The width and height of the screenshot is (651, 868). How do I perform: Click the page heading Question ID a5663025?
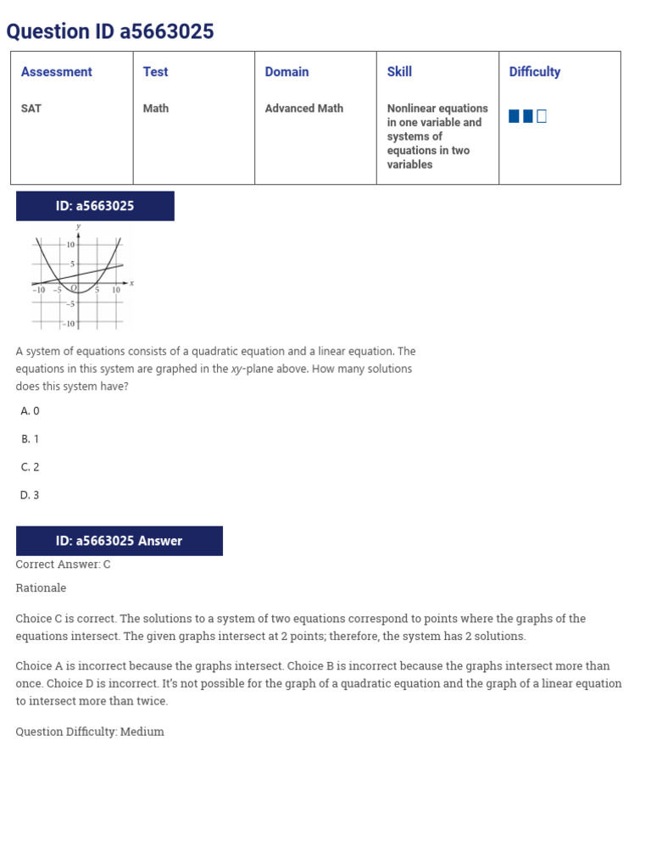click(x=110, y=32)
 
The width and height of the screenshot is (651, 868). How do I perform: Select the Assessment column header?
click(x=56, y=72)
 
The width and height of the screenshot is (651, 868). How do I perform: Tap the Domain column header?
click(x=287, y=72)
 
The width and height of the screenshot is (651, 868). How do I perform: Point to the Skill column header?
click(x=399, y=72)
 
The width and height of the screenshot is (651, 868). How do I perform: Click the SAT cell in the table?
click(x=31, y=108)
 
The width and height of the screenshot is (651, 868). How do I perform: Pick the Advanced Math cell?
click(x=303, y=108)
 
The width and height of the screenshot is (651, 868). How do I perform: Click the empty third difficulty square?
click(x=542, y=116)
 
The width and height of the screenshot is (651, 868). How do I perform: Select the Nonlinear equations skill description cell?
click(x=437, y=136)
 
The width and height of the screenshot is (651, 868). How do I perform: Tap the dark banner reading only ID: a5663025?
click(x=95, y=206)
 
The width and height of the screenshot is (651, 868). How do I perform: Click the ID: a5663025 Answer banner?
click(x=119, y=541)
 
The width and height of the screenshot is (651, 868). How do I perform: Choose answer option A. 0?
click(x=30, y=411)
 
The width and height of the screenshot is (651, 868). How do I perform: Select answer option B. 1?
click(x=30, y=439)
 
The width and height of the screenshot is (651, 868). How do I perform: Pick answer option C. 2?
click(x=30, y=467)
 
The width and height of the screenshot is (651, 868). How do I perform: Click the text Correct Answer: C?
click(x=63, y=565)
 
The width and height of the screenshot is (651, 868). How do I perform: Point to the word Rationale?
click(x=41, y=588)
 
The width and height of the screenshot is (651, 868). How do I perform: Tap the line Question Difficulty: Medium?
click(x=90, y=732)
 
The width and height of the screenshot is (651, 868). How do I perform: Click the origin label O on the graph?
click(x=74, y=288)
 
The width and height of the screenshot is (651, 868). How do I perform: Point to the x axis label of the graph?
click(x=131, y=282)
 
